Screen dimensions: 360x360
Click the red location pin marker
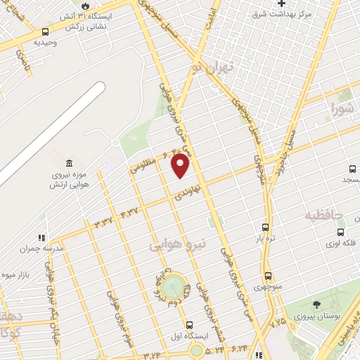tap(181, 165)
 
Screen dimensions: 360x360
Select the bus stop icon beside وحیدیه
tap(46, 32)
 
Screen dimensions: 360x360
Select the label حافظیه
tap(324, 214)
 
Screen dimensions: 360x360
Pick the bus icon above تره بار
tap(265, 227)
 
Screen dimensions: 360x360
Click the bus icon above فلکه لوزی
tap(341, 232)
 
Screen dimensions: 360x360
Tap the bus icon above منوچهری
tap(268, 276)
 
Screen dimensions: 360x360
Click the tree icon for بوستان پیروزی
tap(316, 304)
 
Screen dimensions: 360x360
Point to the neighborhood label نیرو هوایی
tap(179, 245)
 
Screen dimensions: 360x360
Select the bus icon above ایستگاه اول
tap(189, 324)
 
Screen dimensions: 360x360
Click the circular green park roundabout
tap(172, 286)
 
